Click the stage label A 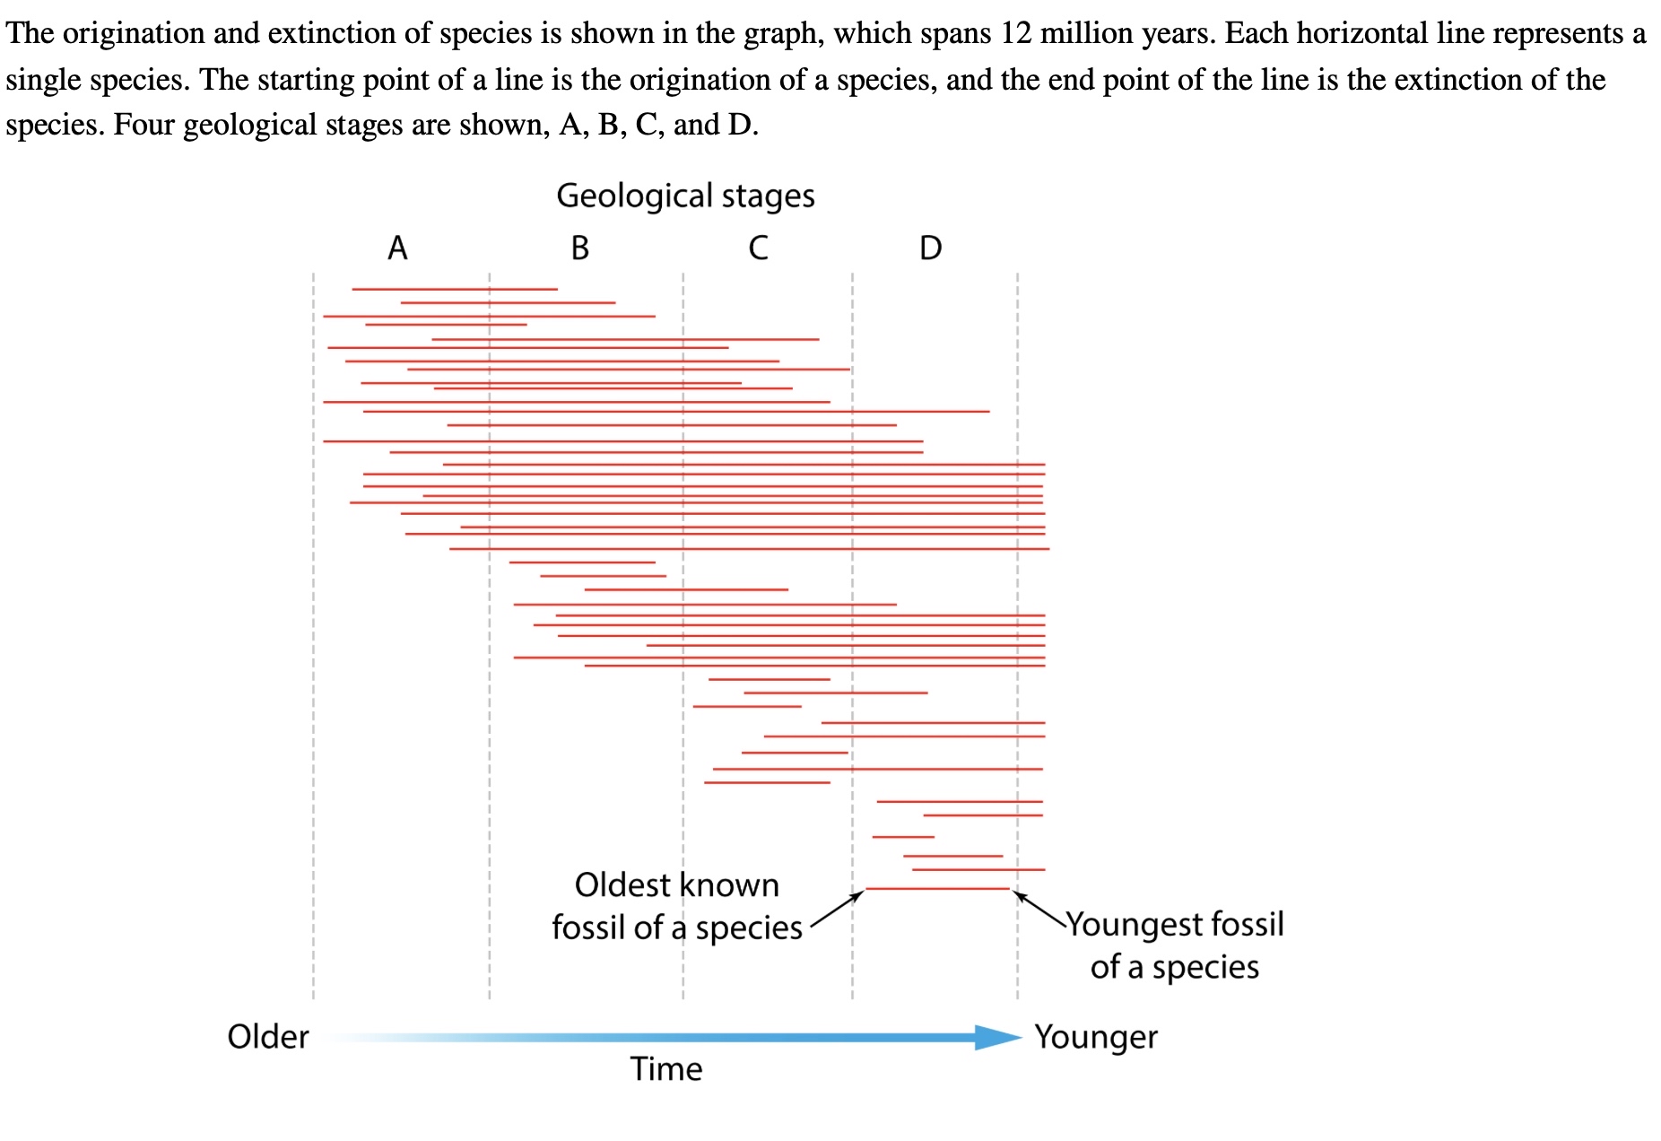click(x=397, y=248)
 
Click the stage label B click(x=580, y=248)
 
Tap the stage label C click(x=758, y=248)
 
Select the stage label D click(x=931, y=248)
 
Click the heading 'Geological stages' click(x=685, y=196)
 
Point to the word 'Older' click(x=267, y=1037)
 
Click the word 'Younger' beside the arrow click(x=1095, y=1037)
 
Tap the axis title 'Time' click(x=665, y=1069)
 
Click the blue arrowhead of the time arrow click(x=997, y=1038)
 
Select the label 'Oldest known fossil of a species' click(x=677, y=906)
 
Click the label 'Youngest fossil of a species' click(x=1175, y=945)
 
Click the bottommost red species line click(x=937, y=889)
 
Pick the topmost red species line click(x=455, y=289)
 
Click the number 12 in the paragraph click(x=1015, y=33)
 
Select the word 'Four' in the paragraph click(x=143, y=124)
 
